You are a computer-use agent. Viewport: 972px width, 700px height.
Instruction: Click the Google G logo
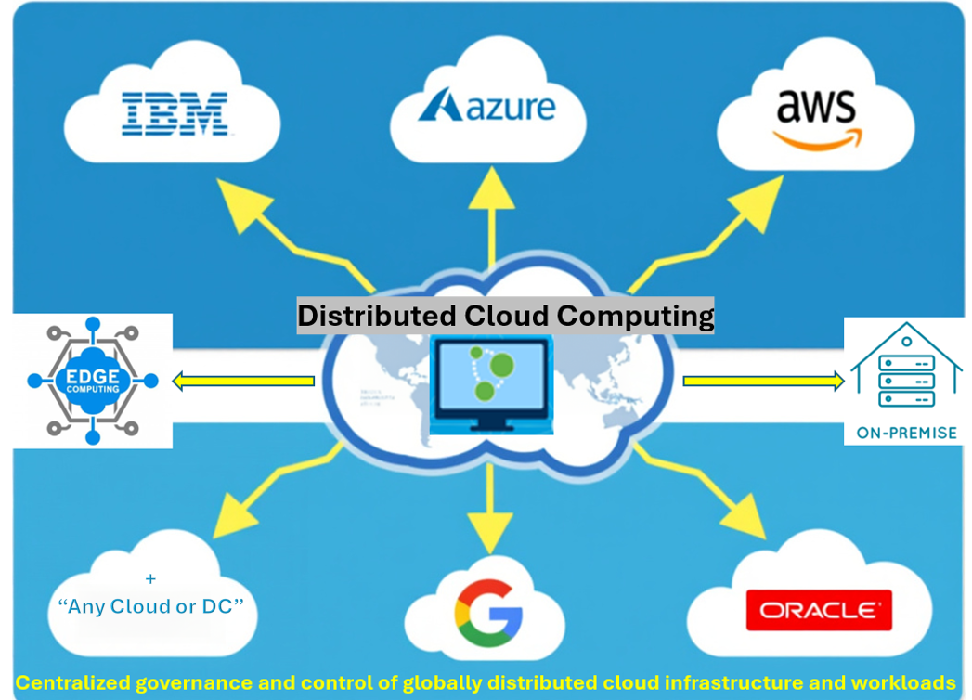tap(488, 615)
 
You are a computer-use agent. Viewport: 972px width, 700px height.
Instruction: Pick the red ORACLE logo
tap(819, 610)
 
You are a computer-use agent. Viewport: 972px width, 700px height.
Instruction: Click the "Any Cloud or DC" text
tap(150, 606)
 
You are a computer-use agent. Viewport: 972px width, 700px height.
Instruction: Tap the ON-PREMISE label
tap(905, 433)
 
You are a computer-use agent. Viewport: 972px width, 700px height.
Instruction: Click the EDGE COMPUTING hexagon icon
tap(92, 381)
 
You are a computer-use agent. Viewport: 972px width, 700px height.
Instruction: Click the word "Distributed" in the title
tap(376, 316)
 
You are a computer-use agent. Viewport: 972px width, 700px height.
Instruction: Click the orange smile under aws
tap(817, 140)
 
